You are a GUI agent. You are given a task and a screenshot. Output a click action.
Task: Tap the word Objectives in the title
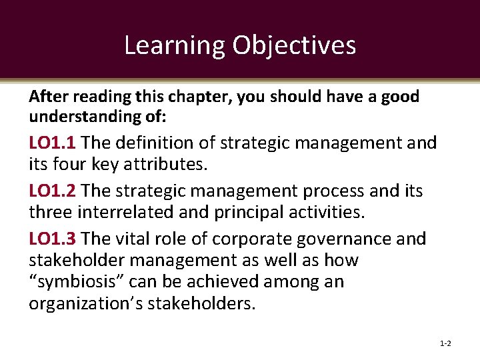point(294,45)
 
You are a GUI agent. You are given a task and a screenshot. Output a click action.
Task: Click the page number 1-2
point(445,343)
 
